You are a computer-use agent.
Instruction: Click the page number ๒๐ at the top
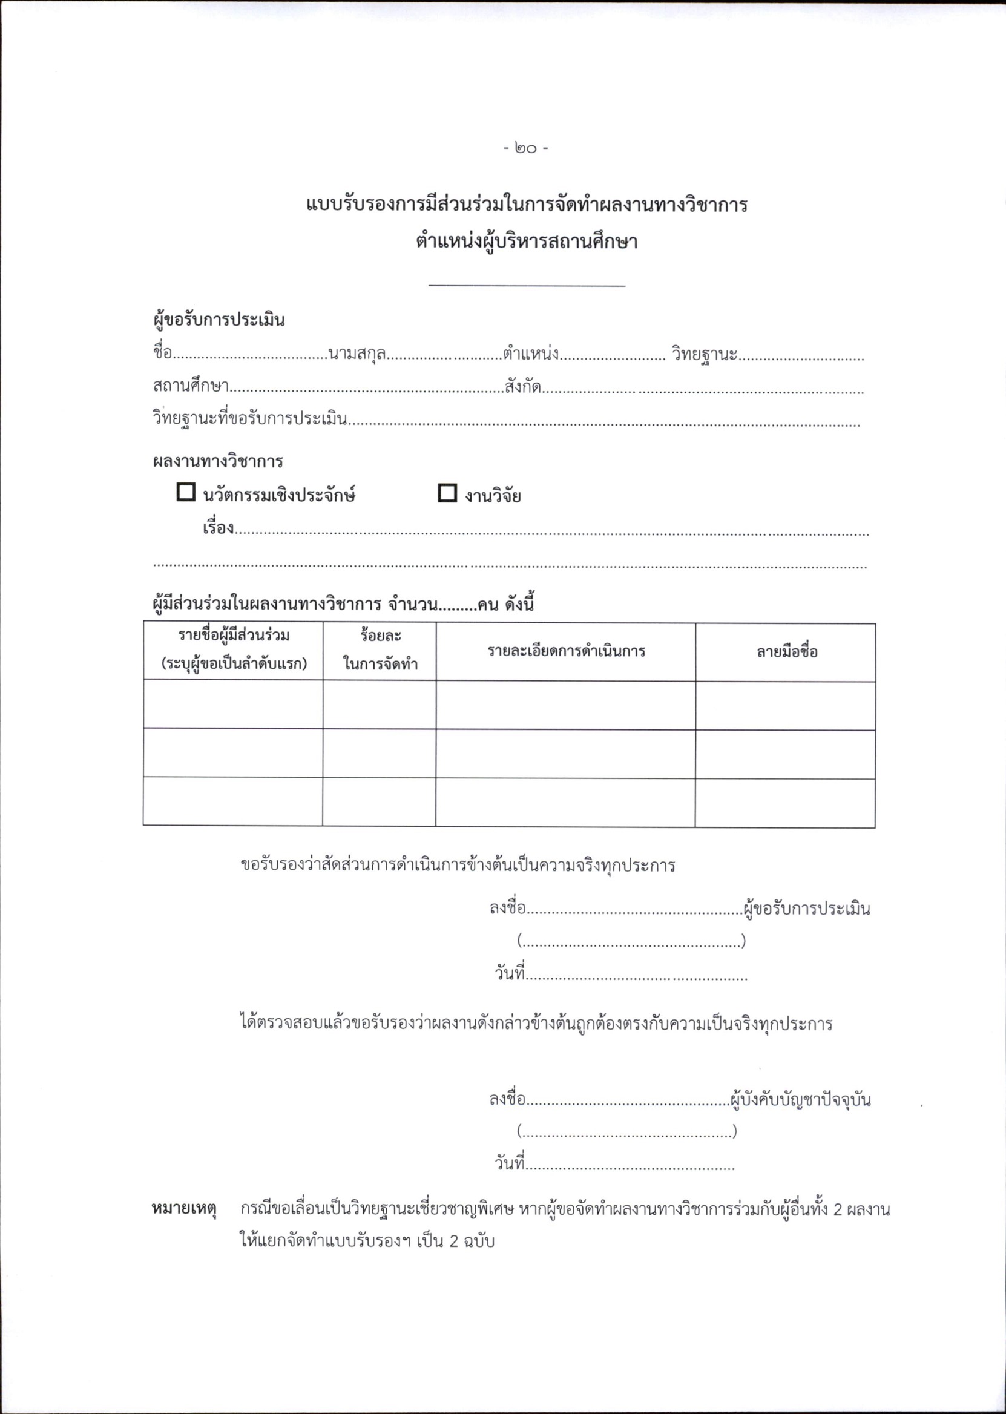[x=525, y=149]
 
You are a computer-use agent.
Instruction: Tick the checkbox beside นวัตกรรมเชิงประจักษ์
[x=186, y=492]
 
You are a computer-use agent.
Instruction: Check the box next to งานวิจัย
[x=447, y=493]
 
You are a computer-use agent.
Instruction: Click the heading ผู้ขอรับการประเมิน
[x=219, y=320]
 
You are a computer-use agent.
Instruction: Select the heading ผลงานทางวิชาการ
[x=218, y=461]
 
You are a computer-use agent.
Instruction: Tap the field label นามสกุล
[x=358, y=354]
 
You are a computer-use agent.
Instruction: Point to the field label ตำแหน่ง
[x=531, y=354]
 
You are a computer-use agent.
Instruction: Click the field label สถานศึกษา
[x=191, y=387]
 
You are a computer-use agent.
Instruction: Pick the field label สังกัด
[x=523, y=387]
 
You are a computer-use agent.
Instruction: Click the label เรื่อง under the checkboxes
[x=219, y=528]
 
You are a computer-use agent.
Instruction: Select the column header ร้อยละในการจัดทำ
[x=380, y=650]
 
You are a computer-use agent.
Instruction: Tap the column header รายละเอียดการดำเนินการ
[x=566, y=651]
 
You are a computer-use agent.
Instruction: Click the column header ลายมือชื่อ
[x=787, y=651]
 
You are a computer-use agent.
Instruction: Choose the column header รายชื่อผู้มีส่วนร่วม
[x=234, y=650]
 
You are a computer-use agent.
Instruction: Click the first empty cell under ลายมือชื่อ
[x=786, y=705]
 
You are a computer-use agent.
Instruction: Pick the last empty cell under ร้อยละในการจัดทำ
[x=379, y=802]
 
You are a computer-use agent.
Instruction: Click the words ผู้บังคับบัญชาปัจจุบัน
[x=800, y=1100]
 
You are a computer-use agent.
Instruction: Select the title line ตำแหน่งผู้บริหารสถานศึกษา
[x=527, y=242]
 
